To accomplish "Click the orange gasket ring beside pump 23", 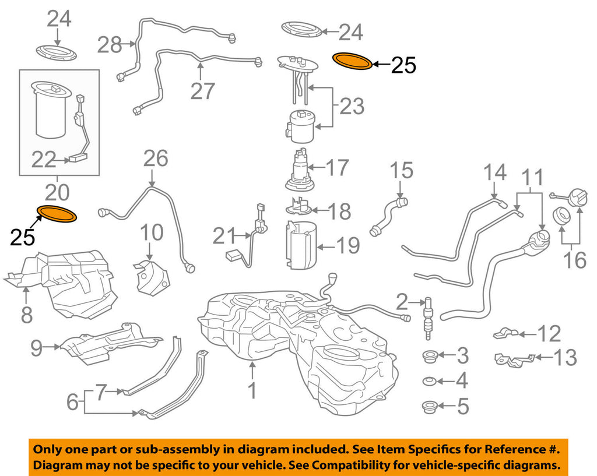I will pyautogui.click(x=352, y=61).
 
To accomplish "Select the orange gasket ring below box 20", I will pyautogui.click(x=57, y=214).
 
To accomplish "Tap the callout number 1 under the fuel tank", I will pyautogui.click(x=251, y=390).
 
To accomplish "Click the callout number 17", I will pyautogui.click(x=336, y=168).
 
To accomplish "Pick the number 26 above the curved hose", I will pyautogui.click(x=155, y=158).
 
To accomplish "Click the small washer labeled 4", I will pyautogui.click(x=430, y=382).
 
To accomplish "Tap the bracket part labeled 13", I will pyautogui.click(x=513, y=359).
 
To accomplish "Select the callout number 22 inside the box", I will pyautogui.click(x=44, y=160).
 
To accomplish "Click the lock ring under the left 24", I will pyautogui.click(x=57, y=51).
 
